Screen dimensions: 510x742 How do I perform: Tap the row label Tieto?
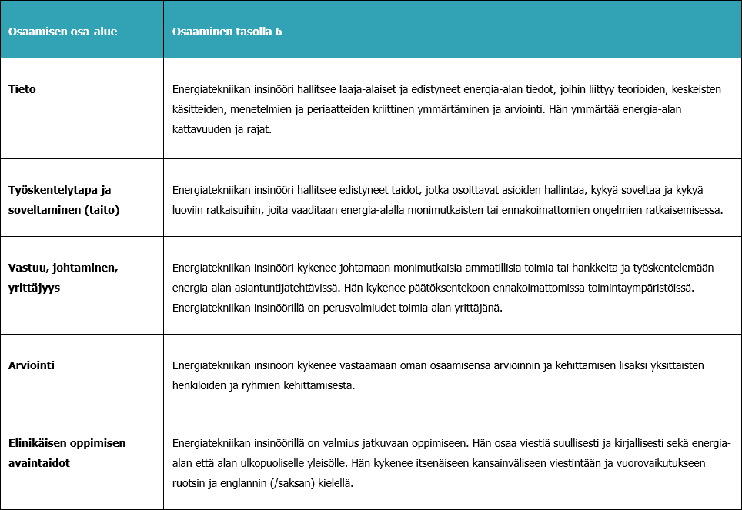coord(22,89)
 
